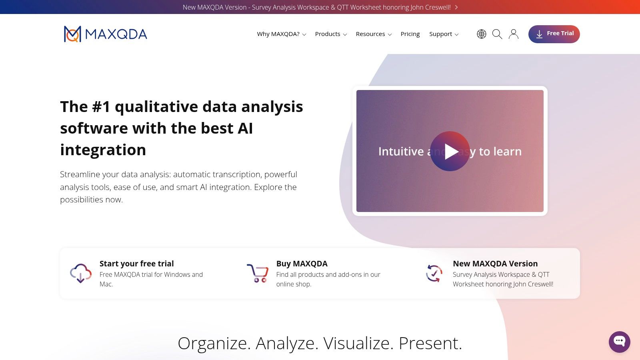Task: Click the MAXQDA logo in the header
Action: [106, 34]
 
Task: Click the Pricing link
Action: [410, 34]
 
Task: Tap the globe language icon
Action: [482, 34]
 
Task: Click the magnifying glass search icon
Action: [497, 34]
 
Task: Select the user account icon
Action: [514, 34]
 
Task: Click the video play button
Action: [450, 151]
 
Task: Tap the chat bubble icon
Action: [619, 342]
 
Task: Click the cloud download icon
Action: [81, 273]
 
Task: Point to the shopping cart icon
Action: [258, 273]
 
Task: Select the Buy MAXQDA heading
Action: [302, 264]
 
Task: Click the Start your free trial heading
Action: [136, 264]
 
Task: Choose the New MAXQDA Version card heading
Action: [495, 264]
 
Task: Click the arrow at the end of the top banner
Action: [456, 7]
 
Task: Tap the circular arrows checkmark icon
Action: [434, 273]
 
